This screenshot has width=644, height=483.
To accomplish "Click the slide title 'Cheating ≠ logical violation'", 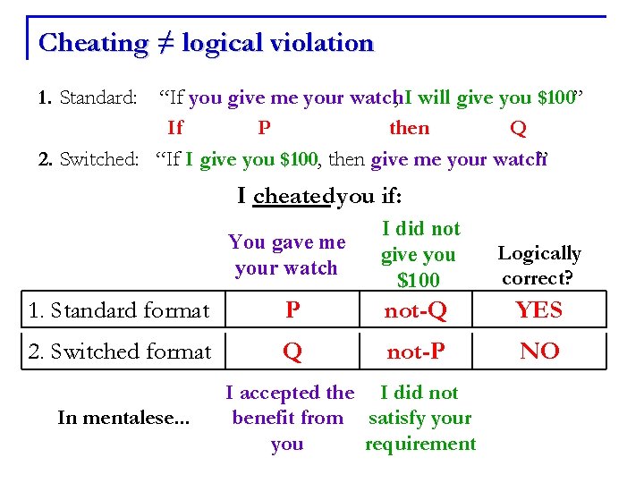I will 206,43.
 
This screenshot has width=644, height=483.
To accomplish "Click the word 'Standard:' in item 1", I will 97,97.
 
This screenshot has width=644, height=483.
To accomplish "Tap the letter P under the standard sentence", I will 264,129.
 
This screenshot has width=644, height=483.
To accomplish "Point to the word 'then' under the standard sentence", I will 409,129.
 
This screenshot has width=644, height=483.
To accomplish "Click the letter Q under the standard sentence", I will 517,129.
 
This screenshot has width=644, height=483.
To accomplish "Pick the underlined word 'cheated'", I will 292,196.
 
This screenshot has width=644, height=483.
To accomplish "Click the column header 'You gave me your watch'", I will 286,255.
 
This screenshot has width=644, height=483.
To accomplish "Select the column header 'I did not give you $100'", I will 419,255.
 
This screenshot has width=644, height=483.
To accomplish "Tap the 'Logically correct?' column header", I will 539,266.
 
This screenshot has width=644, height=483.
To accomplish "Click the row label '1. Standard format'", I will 119,311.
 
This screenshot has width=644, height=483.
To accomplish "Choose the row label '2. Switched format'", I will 120,352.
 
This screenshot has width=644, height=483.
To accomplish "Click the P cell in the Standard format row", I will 292,310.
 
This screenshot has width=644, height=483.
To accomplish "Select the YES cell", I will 539,310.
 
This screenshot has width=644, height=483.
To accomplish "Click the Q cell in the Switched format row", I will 292,352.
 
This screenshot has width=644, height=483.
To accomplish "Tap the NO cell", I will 539,352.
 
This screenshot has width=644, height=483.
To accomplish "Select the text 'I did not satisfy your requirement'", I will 419,418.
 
